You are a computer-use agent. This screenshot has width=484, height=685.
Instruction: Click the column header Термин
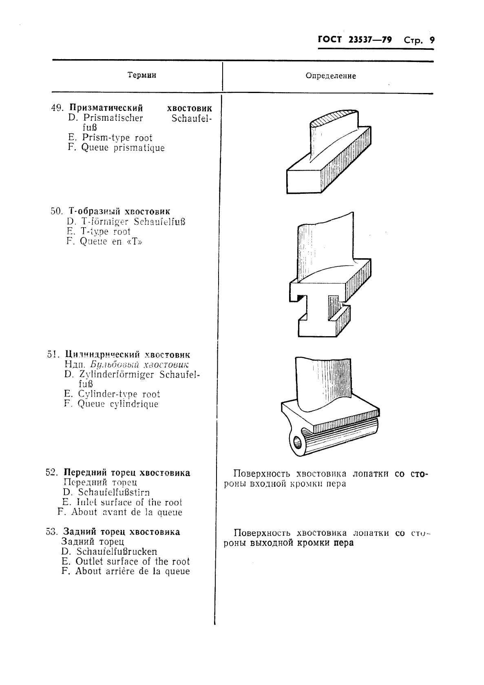coord(141,75)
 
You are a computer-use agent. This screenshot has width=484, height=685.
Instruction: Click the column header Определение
coord(330,76)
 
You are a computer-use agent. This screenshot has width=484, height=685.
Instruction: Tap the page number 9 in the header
coord(432,40)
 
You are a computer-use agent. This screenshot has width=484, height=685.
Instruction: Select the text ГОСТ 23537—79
coord(354,40)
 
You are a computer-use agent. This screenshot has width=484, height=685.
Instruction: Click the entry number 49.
coord(57,108)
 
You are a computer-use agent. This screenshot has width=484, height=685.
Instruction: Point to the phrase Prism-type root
coord(117,138)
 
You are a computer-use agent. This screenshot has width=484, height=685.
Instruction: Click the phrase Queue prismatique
coord(123,148)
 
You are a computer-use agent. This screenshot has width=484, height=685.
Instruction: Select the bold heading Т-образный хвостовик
coord(119,211)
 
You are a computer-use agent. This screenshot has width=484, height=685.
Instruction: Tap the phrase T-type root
coord(105,232)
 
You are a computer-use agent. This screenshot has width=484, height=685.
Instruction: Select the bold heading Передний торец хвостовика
coord(127,473)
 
